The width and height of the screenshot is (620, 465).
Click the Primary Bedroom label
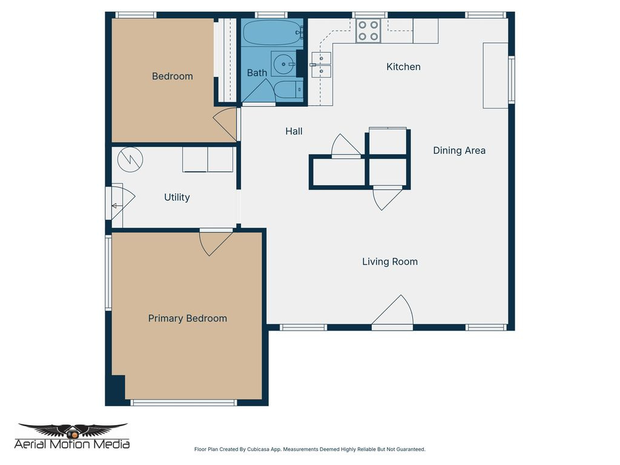coord(188,318)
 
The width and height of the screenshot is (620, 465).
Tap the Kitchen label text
coord(403,67)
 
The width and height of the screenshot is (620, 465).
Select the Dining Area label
coord(459,151)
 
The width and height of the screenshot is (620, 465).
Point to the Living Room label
coord(390,262)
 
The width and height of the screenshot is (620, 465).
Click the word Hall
coord(294,131)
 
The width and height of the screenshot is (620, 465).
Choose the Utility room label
coord(177,197)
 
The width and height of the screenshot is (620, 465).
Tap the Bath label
coord(257,73)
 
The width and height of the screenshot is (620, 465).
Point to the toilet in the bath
coord(285,91)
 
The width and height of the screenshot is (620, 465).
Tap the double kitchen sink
coord(322,65)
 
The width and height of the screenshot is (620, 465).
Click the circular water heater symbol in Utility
coord(131,159)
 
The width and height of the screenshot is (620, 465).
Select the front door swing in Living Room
coord(394,313)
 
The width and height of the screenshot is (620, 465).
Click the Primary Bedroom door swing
coord(214,242)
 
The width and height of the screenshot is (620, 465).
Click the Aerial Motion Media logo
coord(73,437)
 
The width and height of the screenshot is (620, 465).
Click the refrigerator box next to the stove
coord(425,31)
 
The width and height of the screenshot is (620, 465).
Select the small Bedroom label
coord(172,76)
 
